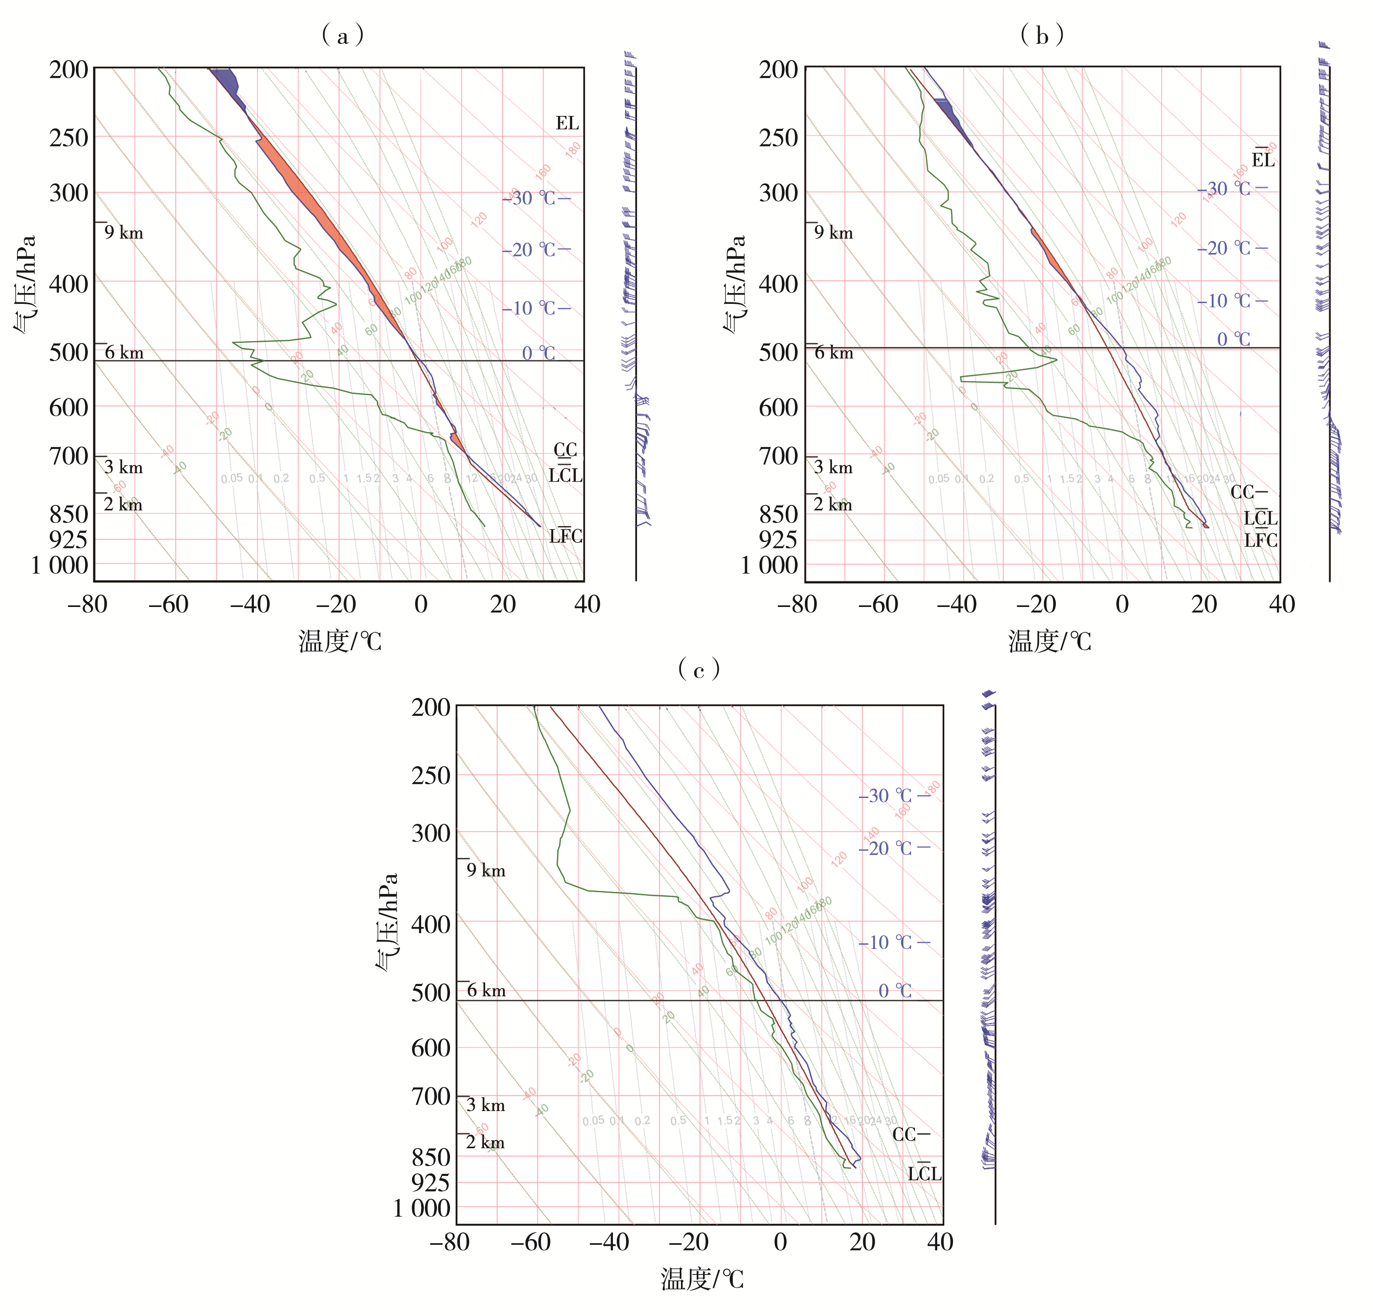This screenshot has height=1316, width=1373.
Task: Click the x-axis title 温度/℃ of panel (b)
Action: pyautogui.click(x=1050, y=641)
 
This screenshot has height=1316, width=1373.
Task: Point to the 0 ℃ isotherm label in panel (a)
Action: pyautogui.click(x=538, y=353)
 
